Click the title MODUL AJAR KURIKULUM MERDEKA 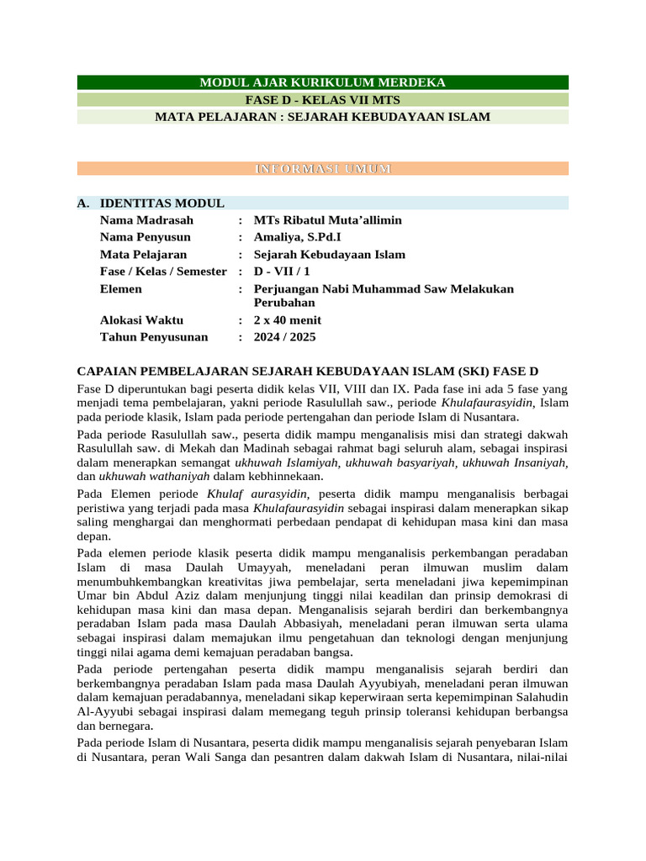(322, 82)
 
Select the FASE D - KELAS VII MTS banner (322, 99)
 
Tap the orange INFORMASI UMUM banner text (322, 169)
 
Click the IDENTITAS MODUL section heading (161, 203)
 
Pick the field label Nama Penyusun (145, 237)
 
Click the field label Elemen (121, 288)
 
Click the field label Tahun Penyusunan (154, 337)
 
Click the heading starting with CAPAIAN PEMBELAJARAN (307, 371)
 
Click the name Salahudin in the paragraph (539, 697)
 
